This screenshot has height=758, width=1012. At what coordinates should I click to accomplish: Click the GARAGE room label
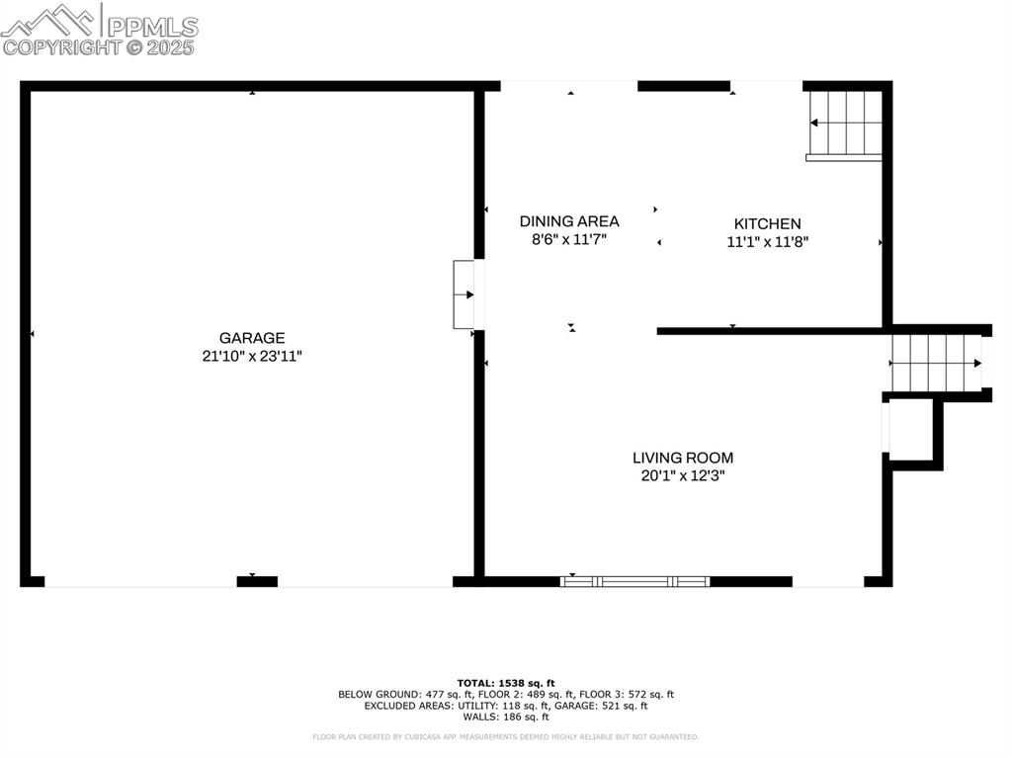[252, 337]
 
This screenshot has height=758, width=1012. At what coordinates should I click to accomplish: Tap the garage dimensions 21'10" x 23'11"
[252, 356]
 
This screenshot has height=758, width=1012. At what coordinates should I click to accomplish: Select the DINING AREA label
[569, 221]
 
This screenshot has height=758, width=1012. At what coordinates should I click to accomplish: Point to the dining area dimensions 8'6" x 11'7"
[569, 239]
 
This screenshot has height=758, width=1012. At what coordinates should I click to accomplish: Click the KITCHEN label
[767, 224]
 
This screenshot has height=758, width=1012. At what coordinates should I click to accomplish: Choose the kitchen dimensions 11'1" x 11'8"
[768, 241]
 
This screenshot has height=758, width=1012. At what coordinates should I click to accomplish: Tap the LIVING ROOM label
[683, 458]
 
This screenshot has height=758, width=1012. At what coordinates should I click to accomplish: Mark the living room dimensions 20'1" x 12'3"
[683, 475]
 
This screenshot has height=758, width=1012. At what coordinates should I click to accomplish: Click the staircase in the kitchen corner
[845, 124]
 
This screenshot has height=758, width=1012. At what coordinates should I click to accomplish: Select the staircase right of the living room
[935, 363]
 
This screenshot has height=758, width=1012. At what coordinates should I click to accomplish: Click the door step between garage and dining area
[464, 295]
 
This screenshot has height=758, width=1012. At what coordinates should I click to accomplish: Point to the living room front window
[635, 581]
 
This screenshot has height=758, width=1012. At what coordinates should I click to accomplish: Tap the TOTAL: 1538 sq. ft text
[506, 683]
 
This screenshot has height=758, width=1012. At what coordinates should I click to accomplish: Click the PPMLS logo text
[152, 27]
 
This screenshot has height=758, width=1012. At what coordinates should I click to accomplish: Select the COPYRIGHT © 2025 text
[99, 46]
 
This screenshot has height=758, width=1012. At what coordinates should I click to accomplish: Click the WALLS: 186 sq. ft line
[506, 716]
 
